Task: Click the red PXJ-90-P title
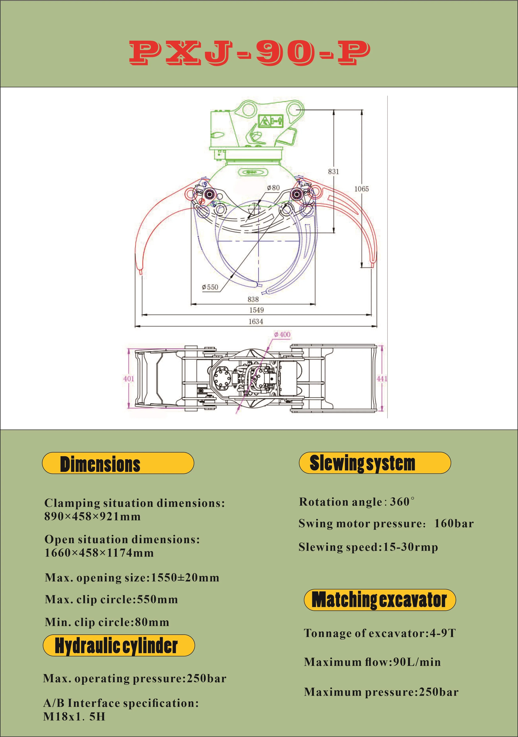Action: (250, 53)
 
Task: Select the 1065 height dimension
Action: (361, 189)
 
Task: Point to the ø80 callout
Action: (273, 188)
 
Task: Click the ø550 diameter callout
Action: (210, 287)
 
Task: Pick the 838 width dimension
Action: (253, 299)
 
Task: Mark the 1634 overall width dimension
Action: (256, 321)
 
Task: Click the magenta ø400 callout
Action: (282, 334)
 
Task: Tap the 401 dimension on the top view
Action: (129, 379)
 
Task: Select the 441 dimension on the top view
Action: (382, 379)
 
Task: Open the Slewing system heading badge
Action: (374, 463)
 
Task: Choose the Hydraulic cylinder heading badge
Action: (119, 646)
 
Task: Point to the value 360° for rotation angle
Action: (402, 502)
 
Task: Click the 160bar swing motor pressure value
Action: (454, 524)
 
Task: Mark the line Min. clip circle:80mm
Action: (107, 622)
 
